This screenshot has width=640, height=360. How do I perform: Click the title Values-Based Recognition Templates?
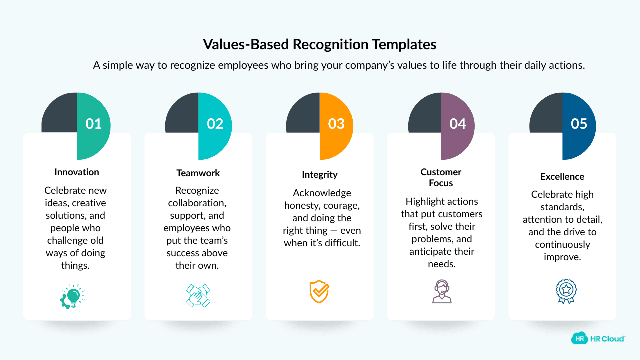click(x=319, y=44)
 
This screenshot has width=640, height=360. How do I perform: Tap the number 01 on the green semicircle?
click(x=94, y=124)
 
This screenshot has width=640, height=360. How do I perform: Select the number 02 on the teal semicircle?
click(x=215, y=124)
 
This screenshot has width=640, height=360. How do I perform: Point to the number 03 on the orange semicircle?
click(x=336, y=124)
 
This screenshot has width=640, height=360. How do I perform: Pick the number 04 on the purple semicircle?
click(x=458, y=124)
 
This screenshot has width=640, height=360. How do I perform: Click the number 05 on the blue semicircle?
click(x=579, y=124)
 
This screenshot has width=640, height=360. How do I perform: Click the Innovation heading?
click(x=77, y=172)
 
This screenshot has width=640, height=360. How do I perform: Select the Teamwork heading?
click(x=198, y=173)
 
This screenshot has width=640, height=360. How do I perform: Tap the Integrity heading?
click(x=320, y=175)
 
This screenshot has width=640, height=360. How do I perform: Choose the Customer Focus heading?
click(x=441, y=177)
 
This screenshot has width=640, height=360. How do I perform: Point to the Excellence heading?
click(x=562, y=176)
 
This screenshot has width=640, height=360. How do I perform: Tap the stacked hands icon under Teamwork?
click(x=198, y=295)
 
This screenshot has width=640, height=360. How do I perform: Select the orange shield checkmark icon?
click(x=319, y=292)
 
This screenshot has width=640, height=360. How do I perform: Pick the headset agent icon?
click(x=441, y=292)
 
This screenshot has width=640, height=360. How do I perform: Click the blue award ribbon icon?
click(x=566, y=292)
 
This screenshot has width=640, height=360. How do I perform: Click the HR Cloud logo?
click(x=598, y=338)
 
